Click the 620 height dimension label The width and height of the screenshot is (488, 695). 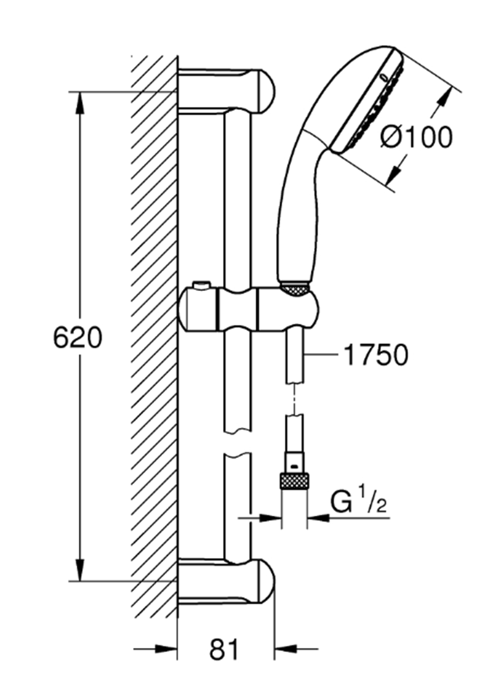(x=78, y=337)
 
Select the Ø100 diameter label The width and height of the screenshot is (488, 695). (x=416, y=137)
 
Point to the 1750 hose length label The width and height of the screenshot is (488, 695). (x=376, y=355)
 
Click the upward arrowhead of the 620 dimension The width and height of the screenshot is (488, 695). (x=80, y=104)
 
